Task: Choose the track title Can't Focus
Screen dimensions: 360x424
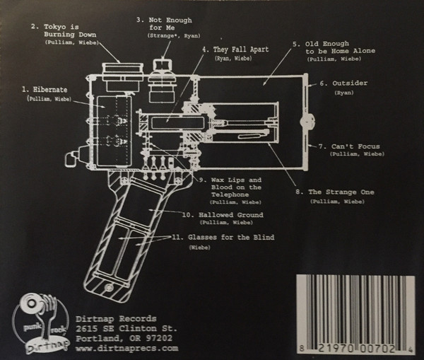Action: pos(348,147)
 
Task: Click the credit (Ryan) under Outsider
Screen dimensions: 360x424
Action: pos(345,93)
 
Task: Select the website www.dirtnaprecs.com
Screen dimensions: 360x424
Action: pos(125,348)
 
